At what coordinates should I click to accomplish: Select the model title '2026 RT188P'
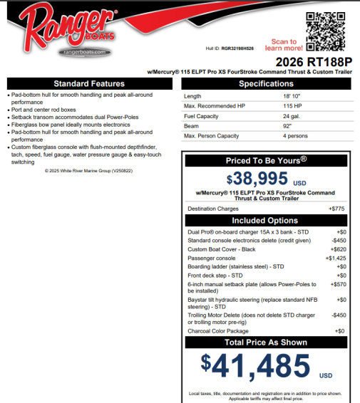coord(314,62)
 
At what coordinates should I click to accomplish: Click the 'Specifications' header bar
coord(266,84)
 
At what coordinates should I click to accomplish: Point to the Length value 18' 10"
coord(292,96)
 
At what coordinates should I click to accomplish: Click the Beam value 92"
coord(287,126)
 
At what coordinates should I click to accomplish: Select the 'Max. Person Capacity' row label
coord(211,136)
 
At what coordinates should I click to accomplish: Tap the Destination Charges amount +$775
coord(335,209)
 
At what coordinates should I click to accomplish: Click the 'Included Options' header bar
coord(265,221)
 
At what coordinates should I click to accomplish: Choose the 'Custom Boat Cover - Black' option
coord(221,250)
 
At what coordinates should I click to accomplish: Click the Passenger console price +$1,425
coord(335,258)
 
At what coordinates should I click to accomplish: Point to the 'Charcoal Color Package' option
coord(217,331)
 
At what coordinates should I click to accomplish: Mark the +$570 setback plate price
coord(336,284)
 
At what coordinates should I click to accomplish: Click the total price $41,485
coord(256,365)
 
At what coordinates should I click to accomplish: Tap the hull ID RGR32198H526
coord(238,48)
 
